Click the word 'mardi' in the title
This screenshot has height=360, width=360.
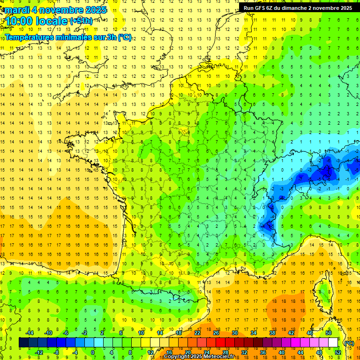click(17, 9)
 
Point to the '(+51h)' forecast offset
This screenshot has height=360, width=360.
click(81, 21)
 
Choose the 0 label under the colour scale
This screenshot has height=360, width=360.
click(93, 352)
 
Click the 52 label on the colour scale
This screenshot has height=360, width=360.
click(338, 352)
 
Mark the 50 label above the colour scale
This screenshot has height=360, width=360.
click(329, 333)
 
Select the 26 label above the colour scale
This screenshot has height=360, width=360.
click(216, 333)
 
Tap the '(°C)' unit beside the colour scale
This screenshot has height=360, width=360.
click(349, 343)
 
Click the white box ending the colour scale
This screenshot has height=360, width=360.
click(333, 343)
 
